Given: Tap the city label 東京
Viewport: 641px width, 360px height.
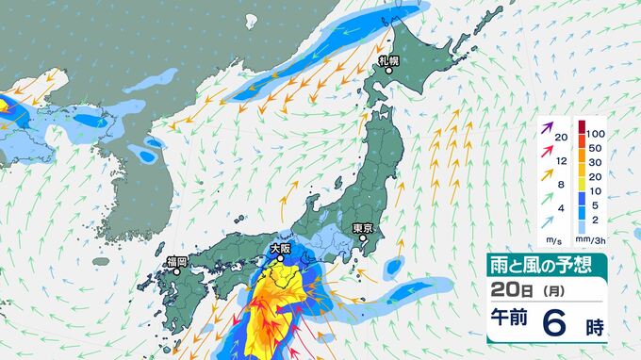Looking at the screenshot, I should click(x=364, y=227).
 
